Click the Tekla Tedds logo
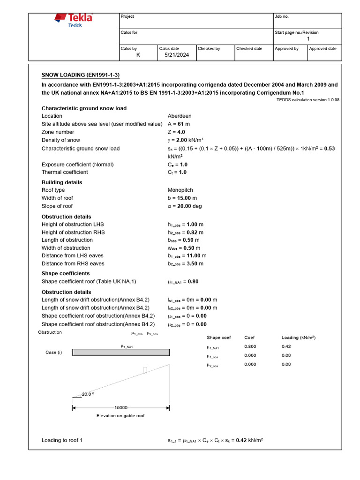pyautogui.click(x=74, y=21)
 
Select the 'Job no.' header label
pyautogui.click(x=282, y=16)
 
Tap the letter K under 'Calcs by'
pyautogui.click(x=138, y=55)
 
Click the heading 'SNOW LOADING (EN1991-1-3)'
pyautogui.click(x=81, y=75)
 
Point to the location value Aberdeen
pyautogui.click(x=180, y=116)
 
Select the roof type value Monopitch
pyautogui.click(x=181, y=190)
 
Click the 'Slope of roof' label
pyautogui.click(x=57, y=206)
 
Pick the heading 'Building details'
pyautogui.click(x=62, y=182)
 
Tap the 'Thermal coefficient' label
pyautogui.click(x=65, y=172)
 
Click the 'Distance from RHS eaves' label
pyautogui.click(x=73, y=263)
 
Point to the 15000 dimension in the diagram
pyautogui.click(x=121, y=408)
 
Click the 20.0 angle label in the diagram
pyautogui.click(x=87, y=394)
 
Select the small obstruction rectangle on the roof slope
pyautogui.click(x=145, y=370)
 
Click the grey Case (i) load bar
pyautogui.click(x=121, y=352)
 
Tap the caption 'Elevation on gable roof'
pyautogui.click(x=120, y=416)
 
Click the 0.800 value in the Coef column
pyautogui.click(x=250, y=347)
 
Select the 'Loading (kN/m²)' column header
pyautogui.click(x=299, y=337)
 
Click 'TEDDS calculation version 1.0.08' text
pyautogui.click(x=308, y=100)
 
